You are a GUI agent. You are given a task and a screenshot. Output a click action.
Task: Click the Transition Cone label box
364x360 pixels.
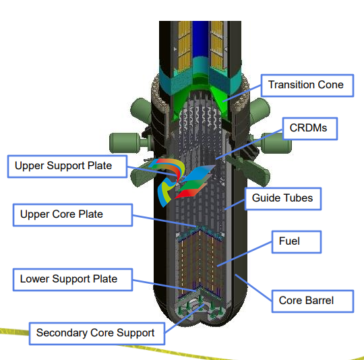(307, 86)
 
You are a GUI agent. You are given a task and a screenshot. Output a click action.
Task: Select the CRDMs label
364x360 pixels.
(310, 129)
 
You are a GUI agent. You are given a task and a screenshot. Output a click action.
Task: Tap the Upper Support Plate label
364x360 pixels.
(67, 167)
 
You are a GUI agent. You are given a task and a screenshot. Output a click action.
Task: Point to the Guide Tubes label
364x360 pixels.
(283, 199)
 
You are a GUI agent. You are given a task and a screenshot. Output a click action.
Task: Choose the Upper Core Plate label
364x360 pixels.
(73, 215)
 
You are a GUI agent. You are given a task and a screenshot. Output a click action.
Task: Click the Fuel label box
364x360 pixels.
(297, 241)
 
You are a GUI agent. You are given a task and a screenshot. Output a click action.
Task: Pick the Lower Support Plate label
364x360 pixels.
(73, 280)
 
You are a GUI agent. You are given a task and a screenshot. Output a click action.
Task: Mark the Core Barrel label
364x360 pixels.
(313, 301)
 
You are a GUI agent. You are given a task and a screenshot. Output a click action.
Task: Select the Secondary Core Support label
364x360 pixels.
(97, 333)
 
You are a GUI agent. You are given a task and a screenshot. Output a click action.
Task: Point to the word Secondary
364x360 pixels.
(62, 332)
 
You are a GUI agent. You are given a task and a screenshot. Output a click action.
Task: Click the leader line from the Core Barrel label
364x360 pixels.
(253, 288)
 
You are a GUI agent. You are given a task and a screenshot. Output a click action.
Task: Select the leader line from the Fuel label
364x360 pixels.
(244, 254)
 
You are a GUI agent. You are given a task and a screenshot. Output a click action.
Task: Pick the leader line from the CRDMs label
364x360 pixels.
(249, 144)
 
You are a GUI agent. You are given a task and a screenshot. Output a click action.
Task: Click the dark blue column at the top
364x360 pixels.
(200, 39)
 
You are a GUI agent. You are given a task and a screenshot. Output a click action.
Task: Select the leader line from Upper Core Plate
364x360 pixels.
(165, 221)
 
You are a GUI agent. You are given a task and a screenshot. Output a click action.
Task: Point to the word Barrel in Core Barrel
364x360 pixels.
(320, 301)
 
